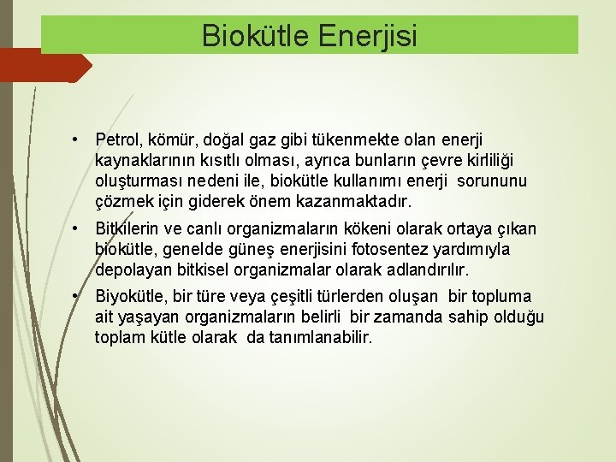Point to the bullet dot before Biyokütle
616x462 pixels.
[x=76, y=296]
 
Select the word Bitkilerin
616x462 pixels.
[x=132, y=229]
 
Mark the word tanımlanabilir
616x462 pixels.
[x=321, y=338]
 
